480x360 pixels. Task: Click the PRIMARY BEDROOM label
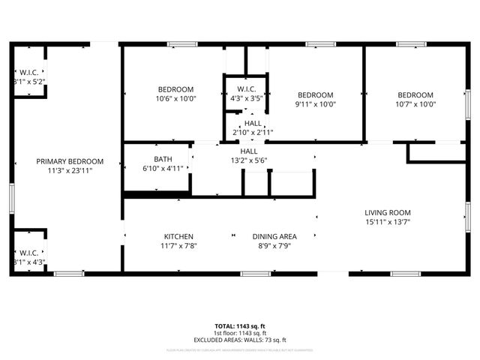click(x=69, y=162)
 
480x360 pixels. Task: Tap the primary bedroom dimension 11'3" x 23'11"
click(x=69, y=171)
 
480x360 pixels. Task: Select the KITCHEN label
click(x=179, y=236)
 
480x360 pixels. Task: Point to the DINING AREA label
click(x=274, y=236)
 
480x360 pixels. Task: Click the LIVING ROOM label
click(x=388, y=212)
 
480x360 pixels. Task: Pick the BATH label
click(x=163, y=159)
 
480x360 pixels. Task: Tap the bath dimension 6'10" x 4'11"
click(x=163, y=168)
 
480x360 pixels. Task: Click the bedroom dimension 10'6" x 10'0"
click(x=175, y=99)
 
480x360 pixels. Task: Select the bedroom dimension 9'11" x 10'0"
click(x=316, y=104)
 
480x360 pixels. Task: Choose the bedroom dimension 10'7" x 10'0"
click(x=415, y=104)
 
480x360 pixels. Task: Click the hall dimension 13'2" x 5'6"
click(x=248, y=160)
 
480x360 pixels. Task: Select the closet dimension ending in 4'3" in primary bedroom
click(x=28, y=262)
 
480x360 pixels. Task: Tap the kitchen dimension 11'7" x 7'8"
click(x=179, y=245)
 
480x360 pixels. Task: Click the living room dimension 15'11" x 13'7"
click(x=388, y=221)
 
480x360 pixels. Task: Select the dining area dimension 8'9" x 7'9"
click(x=274, y=245)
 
